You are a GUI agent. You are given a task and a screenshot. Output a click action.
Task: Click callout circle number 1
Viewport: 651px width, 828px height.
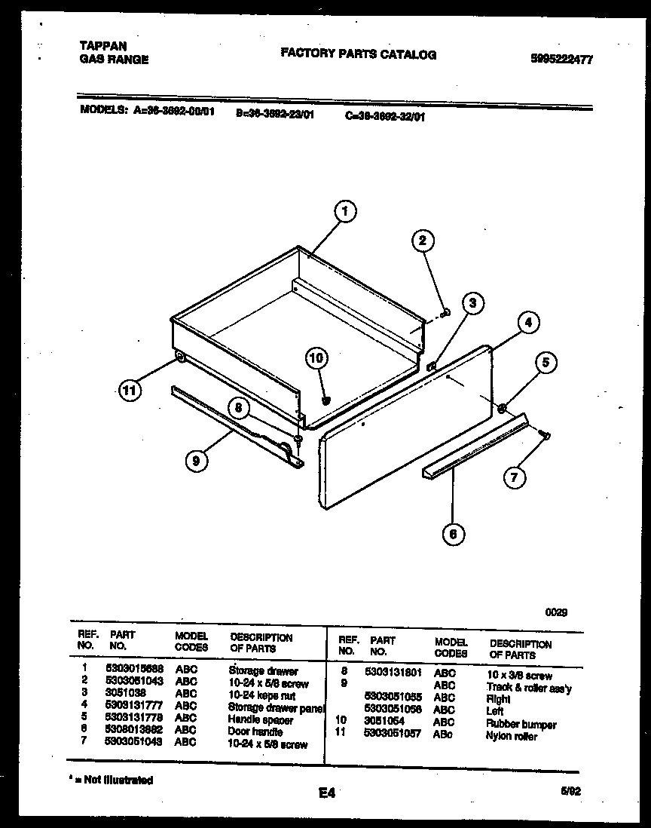click(344, 213)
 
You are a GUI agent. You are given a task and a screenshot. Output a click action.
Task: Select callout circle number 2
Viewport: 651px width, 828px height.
click(423, 241)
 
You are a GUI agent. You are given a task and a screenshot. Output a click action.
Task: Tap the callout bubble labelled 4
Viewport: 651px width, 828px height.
click(529, 323)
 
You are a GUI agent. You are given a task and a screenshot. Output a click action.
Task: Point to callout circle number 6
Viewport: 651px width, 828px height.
click(453, 535)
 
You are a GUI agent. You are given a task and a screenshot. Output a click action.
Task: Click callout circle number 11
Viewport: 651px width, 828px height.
click(130, 391)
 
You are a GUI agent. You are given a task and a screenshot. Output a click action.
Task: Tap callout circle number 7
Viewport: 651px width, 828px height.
click(515, 477)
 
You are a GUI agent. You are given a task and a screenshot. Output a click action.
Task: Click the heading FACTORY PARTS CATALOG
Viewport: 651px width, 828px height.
click(358, 54)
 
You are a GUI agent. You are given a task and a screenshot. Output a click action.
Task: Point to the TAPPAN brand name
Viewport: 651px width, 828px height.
click(104, 46)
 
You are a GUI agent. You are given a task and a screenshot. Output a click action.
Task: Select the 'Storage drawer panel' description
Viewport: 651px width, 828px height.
click(276, 707)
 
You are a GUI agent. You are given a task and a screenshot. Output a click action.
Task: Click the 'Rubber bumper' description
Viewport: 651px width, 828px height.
click(521, 725)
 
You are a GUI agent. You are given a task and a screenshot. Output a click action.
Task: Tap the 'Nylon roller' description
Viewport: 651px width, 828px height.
click(512, 737)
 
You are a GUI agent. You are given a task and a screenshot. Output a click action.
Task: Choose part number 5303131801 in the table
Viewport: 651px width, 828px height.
click(392, 671)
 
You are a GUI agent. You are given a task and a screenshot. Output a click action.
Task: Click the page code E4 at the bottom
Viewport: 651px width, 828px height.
click(326, 793)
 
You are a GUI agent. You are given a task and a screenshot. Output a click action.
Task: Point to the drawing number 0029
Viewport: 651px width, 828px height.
click(556, 612)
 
